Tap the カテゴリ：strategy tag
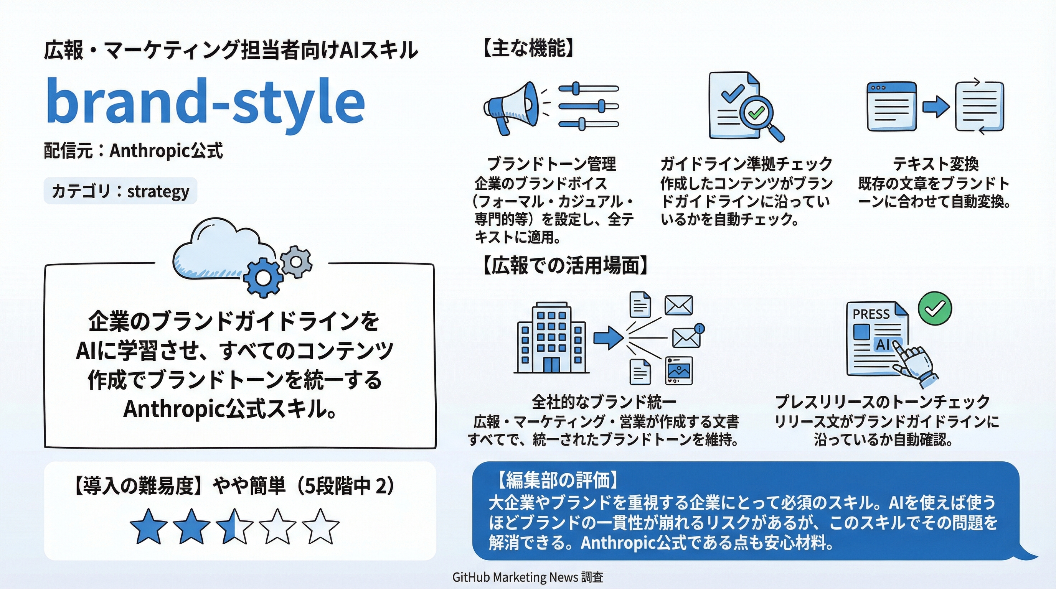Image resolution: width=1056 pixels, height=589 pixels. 120,191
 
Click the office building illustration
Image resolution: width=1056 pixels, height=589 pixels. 551,338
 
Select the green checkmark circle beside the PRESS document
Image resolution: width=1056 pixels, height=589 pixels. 935,308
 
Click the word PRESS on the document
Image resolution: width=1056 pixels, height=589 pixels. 871,314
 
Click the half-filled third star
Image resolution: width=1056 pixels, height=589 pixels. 234,526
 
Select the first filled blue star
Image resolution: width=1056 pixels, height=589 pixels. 148,526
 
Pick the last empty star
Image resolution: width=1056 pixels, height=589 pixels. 320,526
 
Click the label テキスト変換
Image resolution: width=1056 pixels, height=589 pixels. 936,164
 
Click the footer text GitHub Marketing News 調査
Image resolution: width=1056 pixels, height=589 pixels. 528,577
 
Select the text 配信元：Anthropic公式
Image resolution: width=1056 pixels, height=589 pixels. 133,151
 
